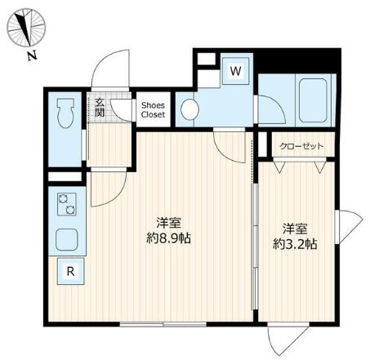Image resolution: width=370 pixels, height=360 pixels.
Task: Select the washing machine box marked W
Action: [235, 71]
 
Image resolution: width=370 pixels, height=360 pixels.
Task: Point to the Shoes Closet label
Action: [153, 110]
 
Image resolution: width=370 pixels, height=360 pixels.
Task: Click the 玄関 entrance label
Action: [99, 108]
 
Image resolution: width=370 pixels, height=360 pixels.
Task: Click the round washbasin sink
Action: [189, 109]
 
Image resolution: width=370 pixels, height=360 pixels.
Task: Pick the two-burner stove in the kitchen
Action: [68, 206]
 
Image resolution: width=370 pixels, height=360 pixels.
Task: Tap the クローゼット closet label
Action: [301, 146]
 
